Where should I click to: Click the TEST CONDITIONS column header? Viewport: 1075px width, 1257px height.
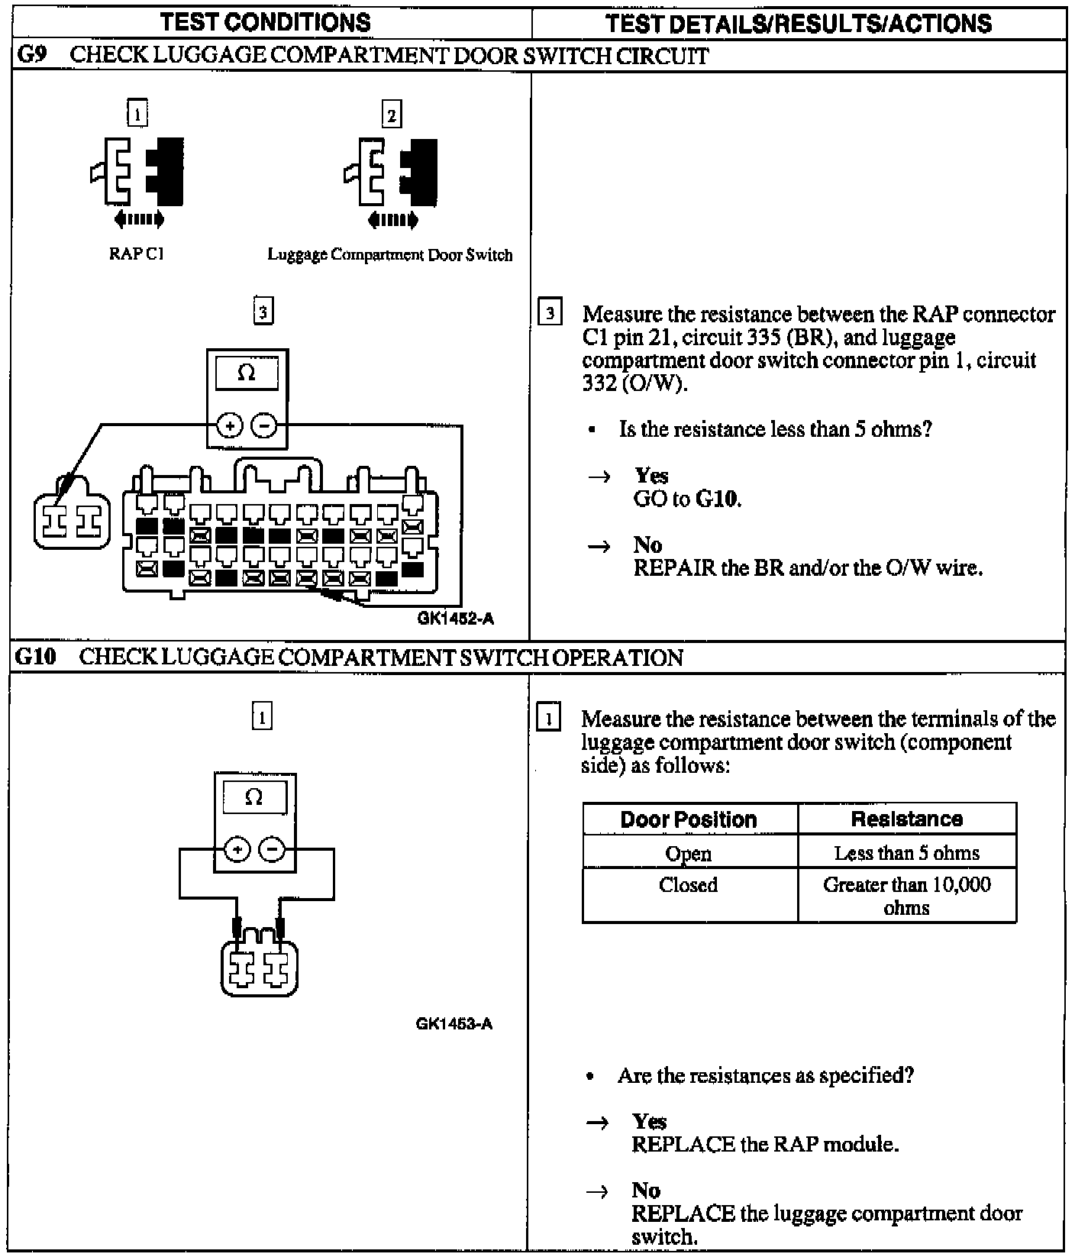point(266,23)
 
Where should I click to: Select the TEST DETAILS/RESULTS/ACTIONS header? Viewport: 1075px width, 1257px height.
point(799,24)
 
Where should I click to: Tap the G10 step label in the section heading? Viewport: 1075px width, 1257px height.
point(36,658)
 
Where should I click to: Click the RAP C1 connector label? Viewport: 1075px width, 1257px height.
point(137,254)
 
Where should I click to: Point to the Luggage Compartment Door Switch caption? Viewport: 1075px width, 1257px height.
point(390,255)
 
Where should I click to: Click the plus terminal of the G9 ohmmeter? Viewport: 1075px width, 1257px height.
point(229,425)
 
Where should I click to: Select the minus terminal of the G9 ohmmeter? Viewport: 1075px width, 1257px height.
point(264,425)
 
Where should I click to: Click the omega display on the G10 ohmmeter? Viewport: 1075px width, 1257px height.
point(254,799)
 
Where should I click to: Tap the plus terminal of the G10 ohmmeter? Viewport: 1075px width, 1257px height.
point(237,849)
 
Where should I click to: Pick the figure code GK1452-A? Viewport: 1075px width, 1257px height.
point(456,619)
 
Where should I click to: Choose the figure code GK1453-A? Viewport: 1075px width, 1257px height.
point(454,1023)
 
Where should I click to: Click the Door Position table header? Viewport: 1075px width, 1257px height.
point(689,819)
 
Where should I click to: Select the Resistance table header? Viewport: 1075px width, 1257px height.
point(906,819)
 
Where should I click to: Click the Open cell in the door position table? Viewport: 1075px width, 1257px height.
point(689,853)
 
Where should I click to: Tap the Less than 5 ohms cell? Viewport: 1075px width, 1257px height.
point(906,853)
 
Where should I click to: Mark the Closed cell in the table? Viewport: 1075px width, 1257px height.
point(689,885)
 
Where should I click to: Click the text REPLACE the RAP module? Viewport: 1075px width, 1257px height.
point(764,1145)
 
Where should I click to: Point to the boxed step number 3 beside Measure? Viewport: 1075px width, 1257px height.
point(550,314)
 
